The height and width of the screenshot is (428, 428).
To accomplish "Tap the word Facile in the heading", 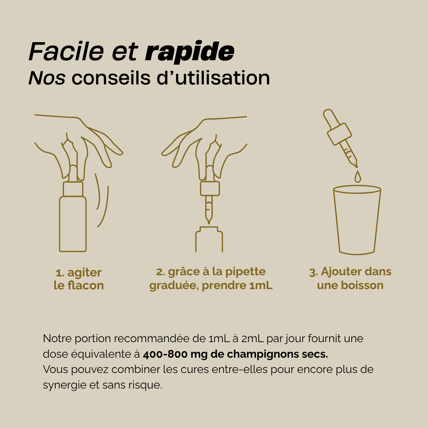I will [66, 52].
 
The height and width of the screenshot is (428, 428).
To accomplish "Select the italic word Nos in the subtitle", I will [47, 78].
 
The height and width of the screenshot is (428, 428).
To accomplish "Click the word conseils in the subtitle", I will [111, 78].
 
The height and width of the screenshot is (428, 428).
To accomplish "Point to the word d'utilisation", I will [213, 78].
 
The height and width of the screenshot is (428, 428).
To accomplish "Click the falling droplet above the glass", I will [358, 177].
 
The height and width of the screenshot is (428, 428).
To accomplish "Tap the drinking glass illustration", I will [357, 220].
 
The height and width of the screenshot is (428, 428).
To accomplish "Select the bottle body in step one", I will [73, 224].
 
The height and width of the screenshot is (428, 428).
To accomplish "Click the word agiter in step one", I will [84, 273].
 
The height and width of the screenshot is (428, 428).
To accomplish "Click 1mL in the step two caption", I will [261, 286].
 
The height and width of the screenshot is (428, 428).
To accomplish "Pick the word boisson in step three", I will [362, 286].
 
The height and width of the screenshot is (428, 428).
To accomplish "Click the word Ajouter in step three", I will [341, 272].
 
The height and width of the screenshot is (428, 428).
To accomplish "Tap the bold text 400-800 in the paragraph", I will [165, 354].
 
